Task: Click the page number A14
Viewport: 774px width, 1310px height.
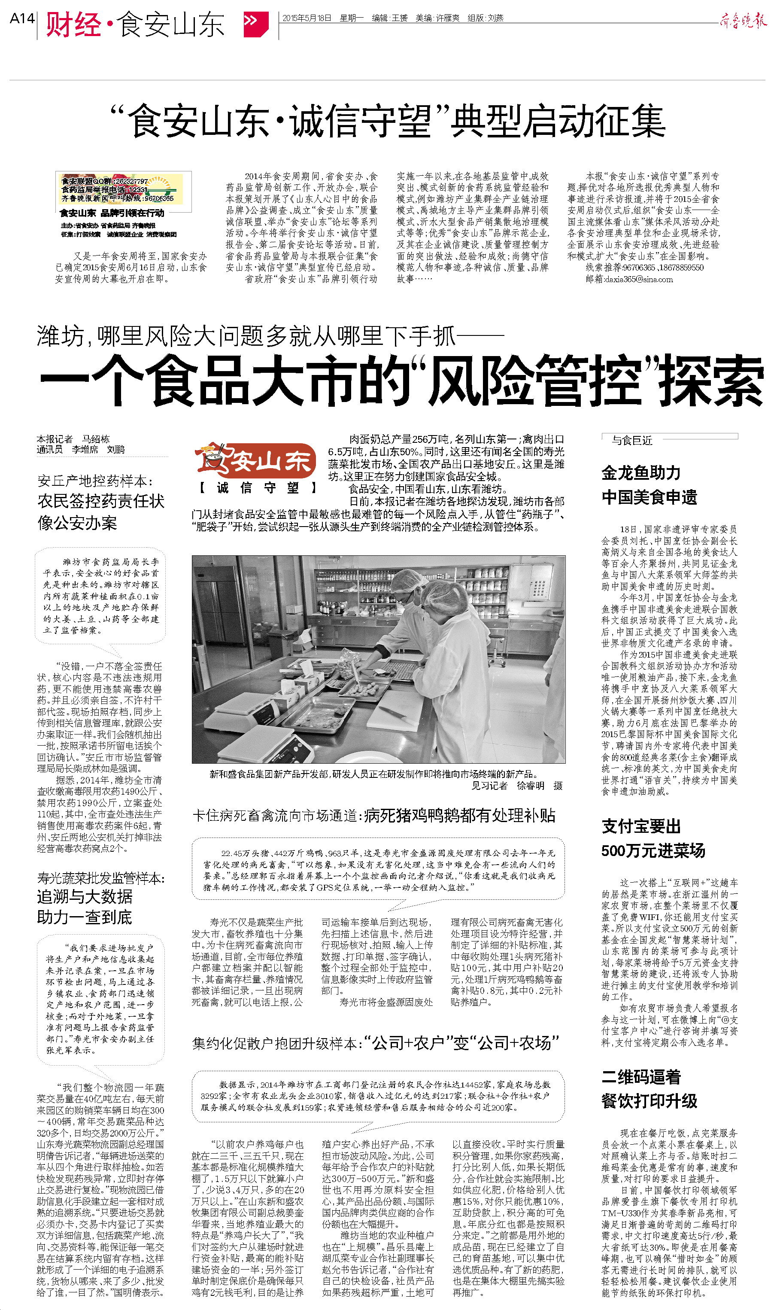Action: click(22, 19)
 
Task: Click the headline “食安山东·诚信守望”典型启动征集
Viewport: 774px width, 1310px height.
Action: click(389, 122)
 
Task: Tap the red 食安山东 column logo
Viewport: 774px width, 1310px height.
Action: click(255, 461)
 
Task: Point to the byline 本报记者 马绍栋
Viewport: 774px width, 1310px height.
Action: click(73, 439)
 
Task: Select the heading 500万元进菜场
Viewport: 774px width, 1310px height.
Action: click(653, 851)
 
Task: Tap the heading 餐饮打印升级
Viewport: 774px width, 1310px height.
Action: click(650, 1101)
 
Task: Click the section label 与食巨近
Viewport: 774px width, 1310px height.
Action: click(632, 440)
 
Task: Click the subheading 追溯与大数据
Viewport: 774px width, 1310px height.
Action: click(85, 896)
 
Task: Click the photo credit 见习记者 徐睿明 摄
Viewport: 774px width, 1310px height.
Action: click(517, 786)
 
